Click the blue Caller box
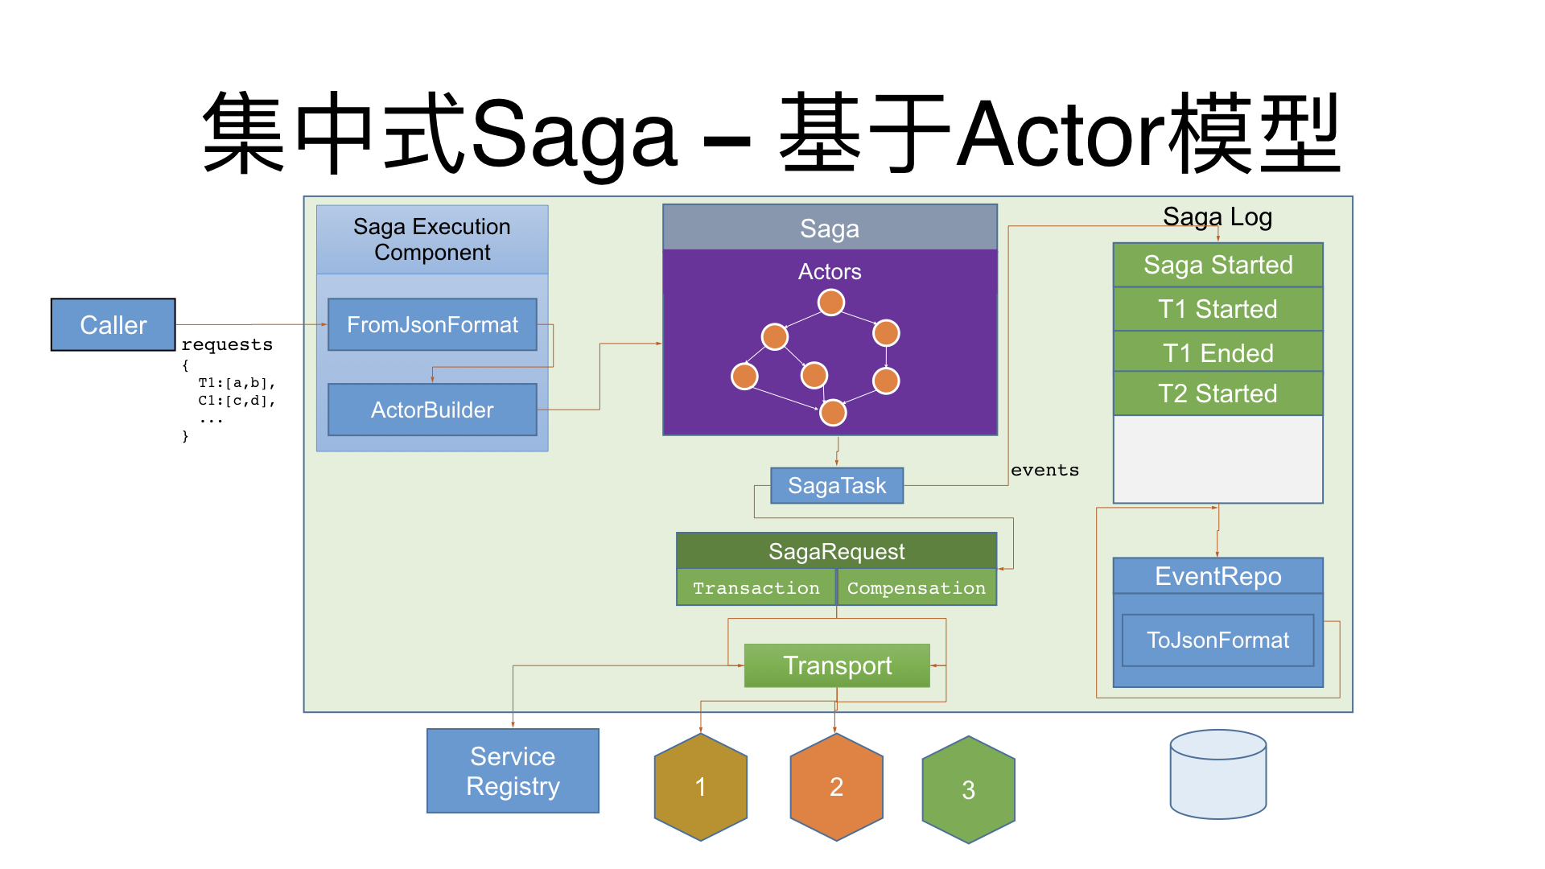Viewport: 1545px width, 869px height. click(x=113, y=325)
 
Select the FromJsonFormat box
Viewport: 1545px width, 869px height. click(x=432, y=325)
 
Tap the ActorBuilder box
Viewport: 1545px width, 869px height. click(x=432, y=410)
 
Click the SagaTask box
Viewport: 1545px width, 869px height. click(x=836, y=486)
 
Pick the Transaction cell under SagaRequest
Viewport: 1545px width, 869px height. click(x=756, y=588)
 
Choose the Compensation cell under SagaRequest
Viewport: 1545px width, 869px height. click(x=916, y=588)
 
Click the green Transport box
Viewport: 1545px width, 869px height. click(x=837, y=665)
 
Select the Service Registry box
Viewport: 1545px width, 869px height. click(x=513, y=771)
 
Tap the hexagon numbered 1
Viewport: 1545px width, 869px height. click(x=700, y=787)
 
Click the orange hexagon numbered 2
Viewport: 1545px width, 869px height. click(x=836, y=787)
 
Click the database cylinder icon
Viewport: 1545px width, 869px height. click(x=1217, y=774)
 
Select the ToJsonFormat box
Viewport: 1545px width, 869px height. click(x=1217, y=640)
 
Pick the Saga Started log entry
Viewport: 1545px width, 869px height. click(x=1217, y=265)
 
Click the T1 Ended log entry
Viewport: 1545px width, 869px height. click(x=1217, y=353)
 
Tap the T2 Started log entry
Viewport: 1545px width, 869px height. click(x=1217, y=393)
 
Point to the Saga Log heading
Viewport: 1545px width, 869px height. click(x=1217, y=217)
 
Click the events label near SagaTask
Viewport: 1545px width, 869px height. click(x=1044, y=470)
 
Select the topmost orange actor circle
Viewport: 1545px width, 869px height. click(x=830, y=303)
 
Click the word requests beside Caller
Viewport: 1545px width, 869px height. click(x=227, y=345)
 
